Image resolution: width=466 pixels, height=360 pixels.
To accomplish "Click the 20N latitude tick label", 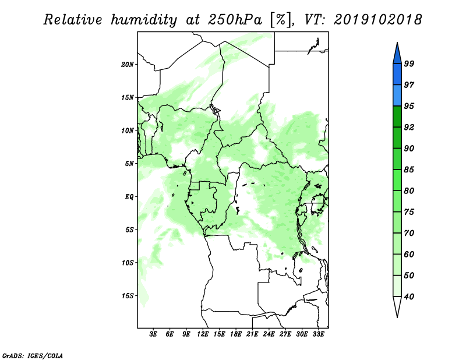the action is [x=128, y=64].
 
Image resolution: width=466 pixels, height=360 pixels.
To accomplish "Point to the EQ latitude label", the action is [x=129, y=197].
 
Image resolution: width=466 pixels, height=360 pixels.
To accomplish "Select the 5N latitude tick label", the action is [x=129, y=164].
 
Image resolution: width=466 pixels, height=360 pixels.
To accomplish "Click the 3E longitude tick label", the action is [x=153, y=334].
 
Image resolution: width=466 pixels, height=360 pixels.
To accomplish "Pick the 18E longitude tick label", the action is [x=236, y=334].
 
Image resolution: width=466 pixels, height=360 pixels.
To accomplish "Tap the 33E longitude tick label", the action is [x=318, y=334].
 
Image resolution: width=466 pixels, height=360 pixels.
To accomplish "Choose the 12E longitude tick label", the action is [x=203, y=334].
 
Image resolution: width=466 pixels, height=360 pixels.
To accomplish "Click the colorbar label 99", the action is [x=409, y=63].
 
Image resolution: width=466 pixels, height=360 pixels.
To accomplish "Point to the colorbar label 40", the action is [x=409, y=297].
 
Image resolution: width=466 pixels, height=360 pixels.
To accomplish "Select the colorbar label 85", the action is [x=409, y=170].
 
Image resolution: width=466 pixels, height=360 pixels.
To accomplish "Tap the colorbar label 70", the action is [x=409, y=233].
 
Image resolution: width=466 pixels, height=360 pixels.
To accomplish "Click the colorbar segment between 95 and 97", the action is [x=397, y=96].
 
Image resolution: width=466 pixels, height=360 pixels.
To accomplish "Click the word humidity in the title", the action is [x=144, y=20].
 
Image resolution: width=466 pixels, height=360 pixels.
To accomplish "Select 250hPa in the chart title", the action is [x=235, y=20].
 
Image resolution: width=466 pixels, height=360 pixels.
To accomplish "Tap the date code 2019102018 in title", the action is [x=377, y=20].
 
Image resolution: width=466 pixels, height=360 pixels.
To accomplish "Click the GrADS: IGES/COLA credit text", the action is [x=33, y=355].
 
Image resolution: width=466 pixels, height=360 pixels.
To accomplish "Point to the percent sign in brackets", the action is [x=281, y=20].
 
